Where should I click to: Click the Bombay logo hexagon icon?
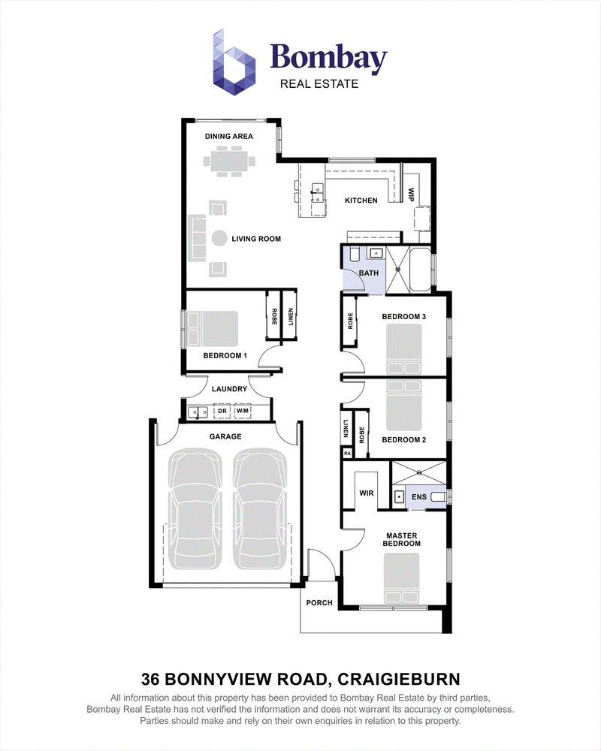point(234,62)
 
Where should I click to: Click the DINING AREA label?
point(228,137)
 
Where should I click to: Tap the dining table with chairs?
point(229,161)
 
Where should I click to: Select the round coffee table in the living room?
point(219,239)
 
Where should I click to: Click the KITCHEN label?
point(361,201)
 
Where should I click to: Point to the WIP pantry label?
point(411,195)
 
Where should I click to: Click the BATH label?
point(369,273)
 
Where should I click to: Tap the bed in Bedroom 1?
point(213,329)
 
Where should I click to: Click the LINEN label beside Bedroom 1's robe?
point(291,317)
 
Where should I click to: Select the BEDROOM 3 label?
point(403,317)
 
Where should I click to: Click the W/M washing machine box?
point(243,411)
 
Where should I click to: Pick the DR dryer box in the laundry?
point(222,411)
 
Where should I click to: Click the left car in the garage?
point(195,508)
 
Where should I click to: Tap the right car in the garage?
point(260,508)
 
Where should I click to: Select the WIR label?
point(367,493)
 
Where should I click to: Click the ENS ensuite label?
point(419,497)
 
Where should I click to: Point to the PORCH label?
point(319,603)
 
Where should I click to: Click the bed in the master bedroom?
point(402,578)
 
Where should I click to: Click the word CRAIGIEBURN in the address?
point(399,679)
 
